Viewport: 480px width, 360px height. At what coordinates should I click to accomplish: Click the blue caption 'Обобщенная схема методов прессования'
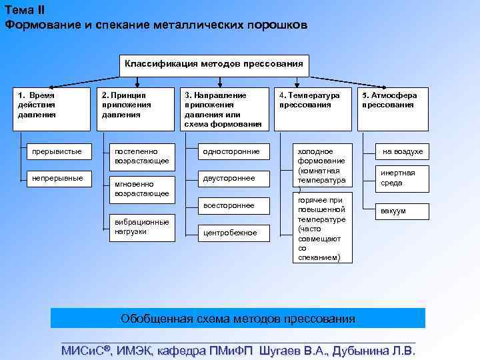click(238, 318)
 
